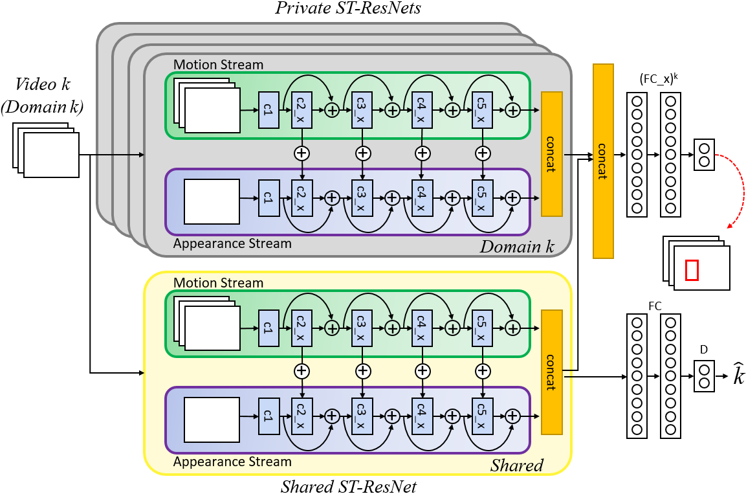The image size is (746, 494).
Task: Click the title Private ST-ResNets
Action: point(348,8)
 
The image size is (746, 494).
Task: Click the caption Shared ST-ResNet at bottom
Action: point(349,486)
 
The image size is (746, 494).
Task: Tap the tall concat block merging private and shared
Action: point(603,161)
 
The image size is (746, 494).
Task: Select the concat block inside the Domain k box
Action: point(552,154)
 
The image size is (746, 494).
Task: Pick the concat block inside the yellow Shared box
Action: point(552,372)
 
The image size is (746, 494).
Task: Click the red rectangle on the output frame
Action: point(692,270)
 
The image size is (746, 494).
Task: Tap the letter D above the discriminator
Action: point(704,350)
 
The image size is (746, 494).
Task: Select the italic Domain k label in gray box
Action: point(517,247)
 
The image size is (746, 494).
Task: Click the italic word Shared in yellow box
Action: point(517,465)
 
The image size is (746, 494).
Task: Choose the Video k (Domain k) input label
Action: point(42,96)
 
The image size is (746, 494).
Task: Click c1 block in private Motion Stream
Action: point(269,110)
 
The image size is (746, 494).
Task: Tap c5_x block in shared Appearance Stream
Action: point(483,416)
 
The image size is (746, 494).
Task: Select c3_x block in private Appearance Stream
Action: point(362,198)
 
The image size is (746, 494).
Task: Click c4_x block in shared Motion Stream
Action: point(422,328)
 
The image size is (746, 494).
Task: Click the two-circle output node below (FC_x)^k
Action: point(704,155)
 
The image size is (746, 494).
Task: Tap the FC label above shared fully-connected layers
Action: point(655,306)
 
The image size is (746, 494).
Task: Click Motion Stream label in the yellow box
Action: point(219,283)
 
